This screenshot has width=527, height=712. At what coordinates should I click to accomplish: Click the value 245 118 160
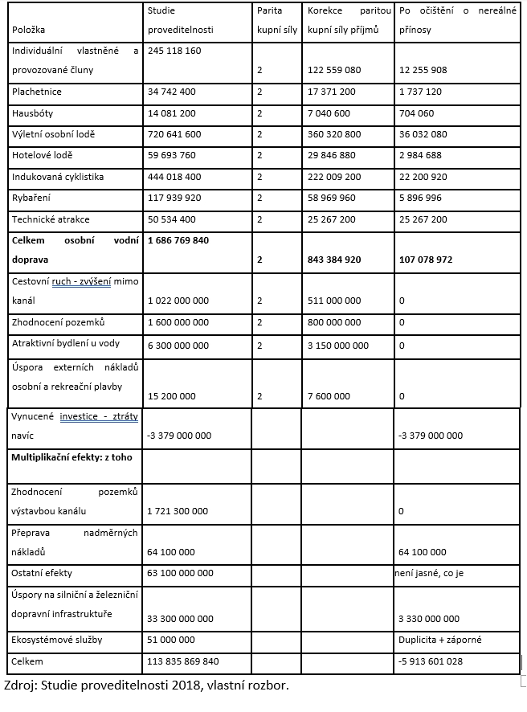pos(174,50)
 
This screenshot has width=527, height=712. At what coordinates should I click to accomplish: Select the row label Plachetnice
pos(37,92)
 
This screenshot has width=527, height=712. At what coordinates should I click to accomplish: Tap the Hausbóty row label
pos(33,113)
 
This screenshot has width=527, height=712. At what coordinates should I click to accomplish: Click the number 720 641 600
pos(174,134)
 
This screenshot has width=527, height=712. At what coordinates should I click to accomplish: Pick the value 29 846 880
pos(334,155)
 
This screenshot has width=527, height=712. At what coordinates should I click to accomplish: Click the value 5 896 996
pos(420,197)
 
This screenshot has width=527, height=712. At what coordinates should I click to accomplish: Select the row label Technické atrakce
pos(51,219)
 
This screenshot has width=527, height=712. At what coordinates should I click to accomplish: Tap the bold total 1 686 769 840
pos(178,239)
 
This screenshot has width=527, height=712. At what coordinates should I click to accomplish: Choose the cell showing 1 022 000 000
pos(178,300)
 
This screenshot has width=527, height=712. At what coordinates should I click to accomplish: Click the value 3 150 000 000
pos(338,344)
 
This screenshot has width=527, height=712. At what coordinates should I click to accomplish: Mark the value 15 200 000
pos(172,395)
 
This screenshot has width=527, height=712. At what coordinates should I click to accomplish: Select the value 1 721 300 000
pos(178,510)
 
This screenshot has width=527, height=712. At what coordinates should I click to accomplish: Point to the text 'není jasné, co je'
pos(429,573)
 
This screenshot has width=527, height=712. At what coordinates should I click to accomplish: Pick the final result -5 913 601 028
pos(430,662)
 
